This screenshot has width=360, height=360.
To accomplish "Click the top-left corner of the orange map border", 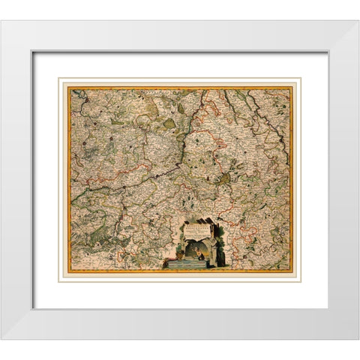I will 68,88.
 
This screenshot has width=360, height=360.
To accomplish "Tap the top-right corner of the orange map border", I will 292,88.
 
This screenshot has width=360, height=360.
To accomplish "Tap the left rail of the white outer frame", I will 16,180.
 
